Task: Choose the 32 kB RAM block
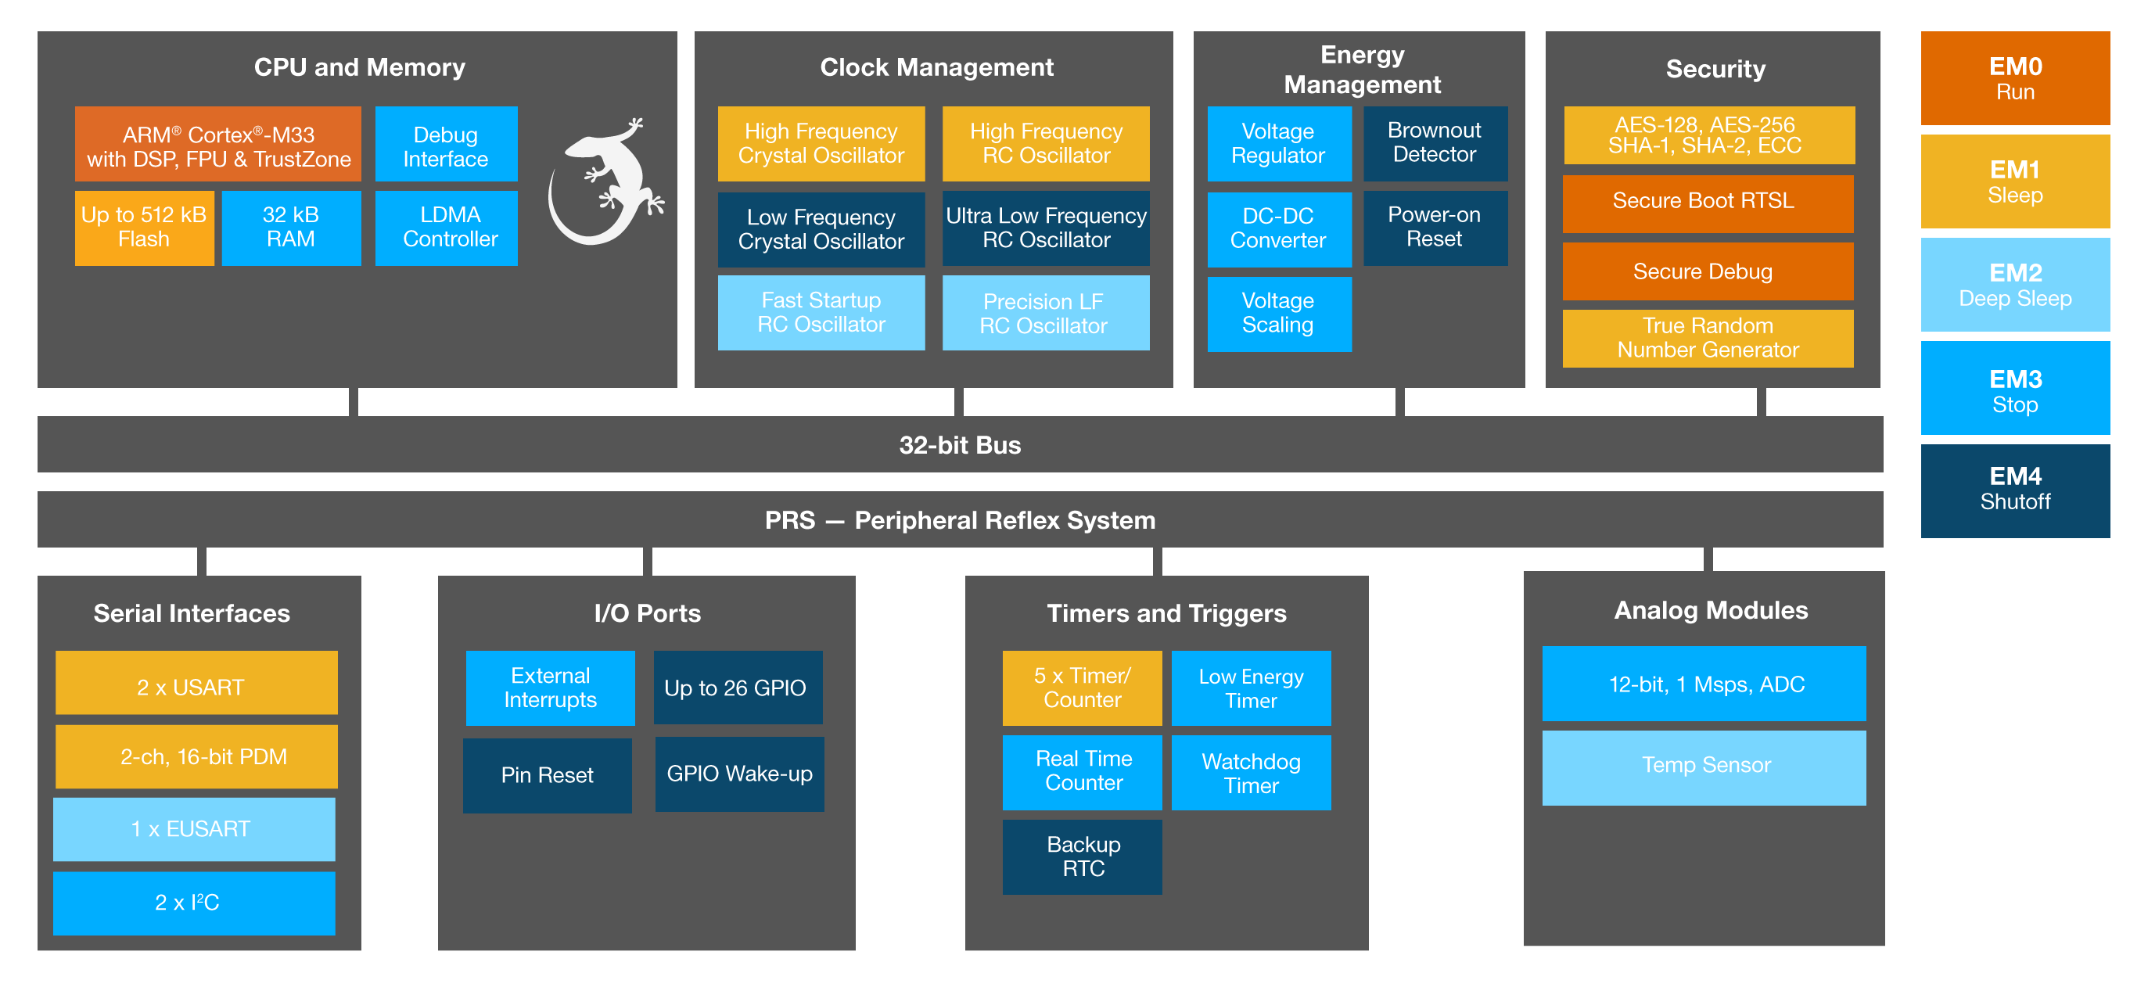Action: coord(291,228)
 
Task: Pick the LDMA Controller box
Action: coord(446,228)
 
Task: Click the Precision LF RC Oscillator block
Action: coord(1045,313)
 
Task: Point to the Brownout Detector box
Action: coord(1435,142)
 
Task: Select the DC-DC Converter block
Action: coord(1278,228)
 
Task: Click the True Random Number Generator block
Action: coord(1707,338)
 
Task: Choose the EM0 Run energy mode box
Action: coord(2014,78)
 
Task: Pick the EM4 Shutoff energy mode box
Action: coord(2014,490)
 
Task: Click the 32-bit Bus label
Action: coord(960,444)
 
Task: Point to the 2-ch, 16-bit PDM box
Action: coord(197,756)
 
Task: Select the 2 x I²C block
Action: coord(193,903)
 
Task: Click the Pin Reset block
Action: coord(547,774)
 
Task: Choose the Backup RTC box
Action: coord(1082,857)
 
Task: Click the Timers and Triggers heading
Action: coord(1166,613)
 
